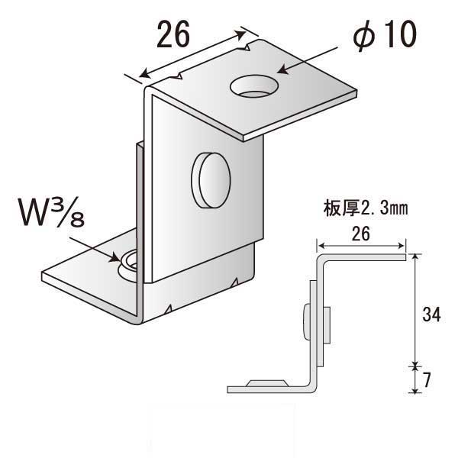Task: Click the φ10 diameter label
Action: pyautogui.click(x=385, y=35)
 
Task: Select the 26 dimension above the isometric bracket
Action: pyautogui.click(x=173, y=34)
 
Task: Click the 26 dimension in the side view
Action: pyautogui.click(x=361, y=234)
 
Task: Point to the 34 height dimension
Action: pyautogui.click(x=431, y=314)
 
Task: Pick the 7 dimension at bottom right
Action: pyautogui.click(x=427, y=379)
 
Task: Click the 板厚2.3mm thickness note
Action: pyautogui.click(x=366, y=208)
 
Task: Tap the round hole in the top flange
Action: pyautogui.click(x=254, y=86)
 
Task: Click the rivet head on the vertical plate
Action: pyautogui.click(x=211, y=180)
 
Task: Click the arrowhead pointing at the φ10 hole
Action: pyautogui.click(x=282, y=70)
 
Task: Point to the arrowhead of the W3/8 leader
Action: pyautogui.click(x=114, y=258)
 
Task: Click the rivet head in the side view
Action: pyautogui.click(x=306, y=322)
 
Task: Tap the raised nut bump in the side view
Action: pyautogui.click(x=267, y=383)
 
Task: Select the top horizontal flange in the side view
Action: pyautogui.click(x=362, y=257)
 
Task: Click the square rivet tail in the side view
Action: pyautogui.click(x=327, y=325)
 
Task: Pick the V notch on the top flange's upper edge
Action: pyautogui.click(x=248, y=47)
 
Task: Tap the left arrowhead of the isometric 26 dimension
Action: pyautogui.click(x=144, y=73)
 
